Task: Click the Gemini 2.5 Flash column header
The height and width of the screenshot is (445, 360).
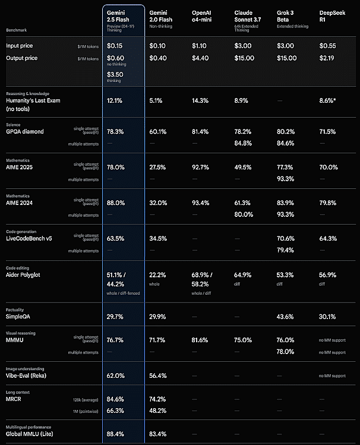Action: click(x=121, y=15)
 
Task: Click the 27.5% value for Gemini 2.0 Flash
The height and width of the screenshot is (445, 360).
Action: click(x=157, y=168)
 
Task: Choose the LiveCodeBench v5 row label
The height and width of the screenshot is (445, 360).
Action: click(x=33, y=238)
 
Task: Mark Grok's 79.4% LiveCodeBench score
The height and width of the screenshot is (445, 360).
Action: click(x=286, y=250)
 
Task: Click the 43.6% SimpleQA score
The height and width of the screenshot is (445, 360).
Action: click(x=286, y=317)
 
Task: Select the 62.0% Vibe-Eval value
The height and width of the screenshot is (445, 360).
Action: click(x=115, y=375)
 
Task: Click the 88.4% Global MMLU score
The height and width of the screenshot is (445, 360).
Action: click(x=115, y=433)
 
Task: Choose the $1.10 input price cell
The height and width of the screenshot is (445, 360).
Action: click(x=200, y=45)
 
